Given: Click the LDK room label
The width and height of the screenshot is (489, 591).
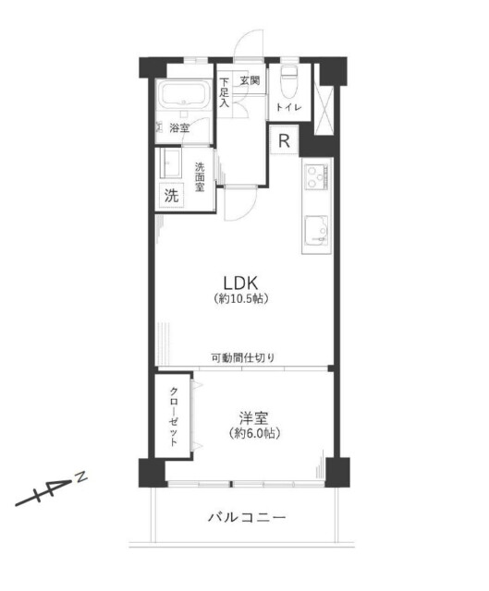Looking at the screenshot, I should [244, 282].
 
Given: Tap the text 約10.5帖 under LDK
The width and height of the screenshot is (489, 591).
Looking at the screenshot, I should [244, 300].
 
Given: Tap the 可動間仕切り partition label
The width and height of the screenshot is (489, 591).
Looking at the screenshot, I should [242, 358].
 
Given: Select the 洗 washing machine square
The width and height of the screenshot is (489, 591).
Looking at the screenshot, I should [171, 195].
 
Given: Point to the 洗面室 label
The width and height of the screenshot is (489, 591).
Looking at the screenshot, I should [200, 175].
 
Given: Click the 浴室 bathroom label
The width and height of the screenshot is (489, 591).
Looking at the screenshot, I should [178, 128].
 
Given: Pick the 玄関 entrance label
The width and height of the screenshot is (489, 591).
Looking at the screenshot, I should [250, 81].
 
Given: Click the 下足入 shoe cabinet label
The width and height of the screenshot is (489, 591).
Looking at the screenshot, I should [225, 91].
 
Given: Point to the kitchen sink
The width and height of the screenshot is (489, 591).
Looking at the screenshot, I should [316, 229].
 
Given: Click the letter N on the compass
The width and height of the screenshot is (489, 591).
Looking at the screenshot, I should [81, 476].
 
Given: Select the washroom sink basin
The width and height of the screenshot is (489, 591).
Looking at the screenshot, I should [171, 165].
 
